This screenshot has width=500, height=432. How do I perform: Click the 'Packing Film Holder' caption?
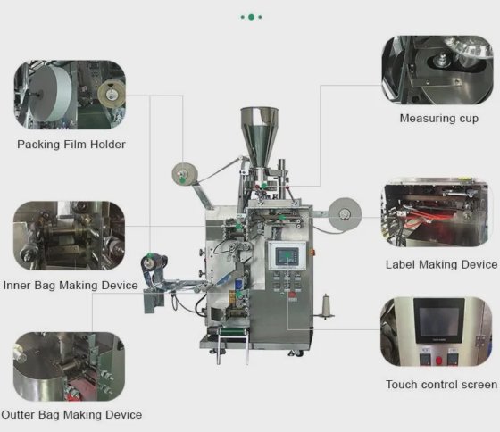(71, 145)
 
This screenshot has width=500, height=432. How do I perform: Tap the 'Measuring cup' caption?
(439, 119)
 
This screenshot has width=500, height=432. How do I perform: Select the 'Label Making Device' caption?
(441, 264)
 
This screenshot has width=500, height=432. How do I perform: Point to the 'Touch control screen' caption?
(441, 385)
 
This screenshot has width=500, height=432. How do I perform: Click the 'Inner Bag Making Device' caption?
(71, 285)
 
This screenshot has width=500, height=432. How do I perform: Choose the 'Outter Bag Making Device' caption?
(71, 415)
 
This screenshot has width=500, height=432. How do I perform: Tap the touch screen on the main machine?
(287, 256)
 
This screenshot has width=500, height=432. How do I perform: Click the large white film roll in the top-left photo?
(51, 94)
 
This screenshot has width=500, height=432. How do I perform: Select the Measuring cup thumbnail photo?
(437, 70)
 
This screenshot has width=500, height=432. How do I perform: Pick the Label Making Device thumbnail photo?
(437, 212)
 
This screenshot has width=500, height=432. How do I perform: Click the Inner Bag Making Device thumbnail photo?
(70, 236)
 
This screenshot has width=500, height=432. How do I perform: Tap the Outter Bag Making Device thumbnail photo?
(70, 367)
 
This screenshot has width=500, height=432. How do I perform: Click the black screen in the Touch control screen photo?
(439, 320)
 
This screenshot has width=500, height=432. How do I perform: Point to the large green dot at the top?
(251, 17)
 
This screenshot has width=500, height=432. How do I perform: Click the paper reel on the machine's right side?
(345, 213)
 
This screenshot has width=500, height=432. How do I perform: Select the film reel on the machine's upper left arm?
(185, 174)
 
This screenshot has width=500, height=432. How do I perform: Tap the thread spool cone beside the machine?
(326, 306)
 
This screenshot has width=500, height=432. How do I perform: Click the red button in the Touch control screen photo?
(438, 361)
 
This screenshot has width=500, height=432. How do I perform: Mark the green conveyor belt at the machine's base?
(233, 331)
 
